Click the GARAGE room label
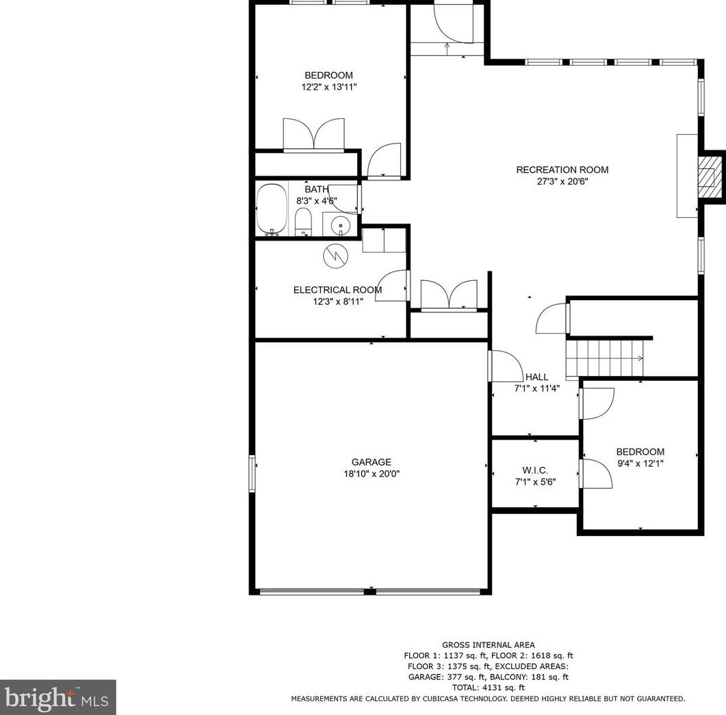click(x=372, y=462)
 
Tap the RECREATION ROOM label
click(x=562, y=170)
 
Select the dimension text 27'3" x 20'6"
click(x=562, y=182)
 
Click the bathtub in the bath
click(x=272, y=209)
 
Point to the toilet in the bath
click(x=302, y=221)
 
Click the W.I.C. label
click(x=535, y=470)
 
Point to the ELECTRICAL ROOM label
click(x=337, y=290)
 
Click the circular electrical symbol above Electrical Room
click(x=335, y=256)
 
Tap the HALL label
click(x=536, y=377)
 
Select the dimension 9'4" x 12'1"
click(x=640, y=463)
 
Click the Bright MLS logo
click(x=57, y=697)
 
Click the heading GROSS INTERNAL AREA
click(x=488, y=645)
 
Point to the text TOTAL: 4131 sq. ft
click(x=488, y=688)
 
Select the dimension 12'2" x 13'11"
click(x=328, y=87)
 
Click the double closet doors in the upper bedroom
click(x=314, y=134)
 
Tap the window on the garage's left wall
click(x=252, y=473)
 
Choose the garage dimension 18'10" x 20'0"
click(x=372, y=474)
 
